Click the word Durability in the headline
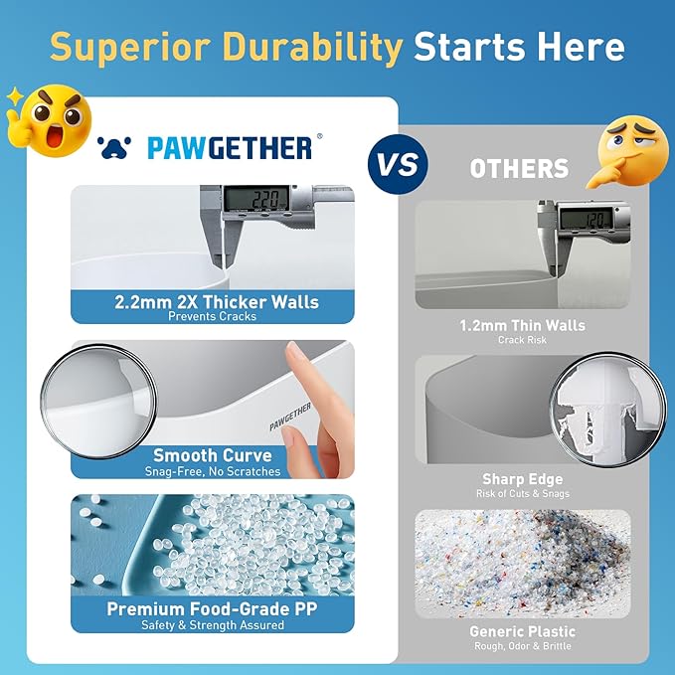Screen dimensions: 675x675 point(310,46)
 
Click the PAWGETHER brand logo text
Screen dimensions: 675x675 point(229,148)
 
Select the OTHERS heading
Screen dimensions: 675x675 point(520,168)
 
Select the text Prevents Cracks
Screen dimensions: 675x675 point(213,317)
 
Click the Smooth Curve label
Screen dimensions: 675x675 point(213,455)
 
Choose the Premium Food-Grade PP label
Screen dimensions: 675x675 point(213,608)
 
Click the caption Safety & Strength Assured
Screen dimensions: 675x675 point(213,624)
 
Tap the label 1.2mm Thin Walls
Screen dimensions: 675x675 point(523,325)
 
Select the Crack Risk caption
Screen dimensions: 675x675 point(523,340)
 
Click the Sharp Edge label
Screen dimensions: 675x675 point(523,479)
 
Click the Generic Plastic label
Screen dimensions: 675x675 point(523,631)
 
